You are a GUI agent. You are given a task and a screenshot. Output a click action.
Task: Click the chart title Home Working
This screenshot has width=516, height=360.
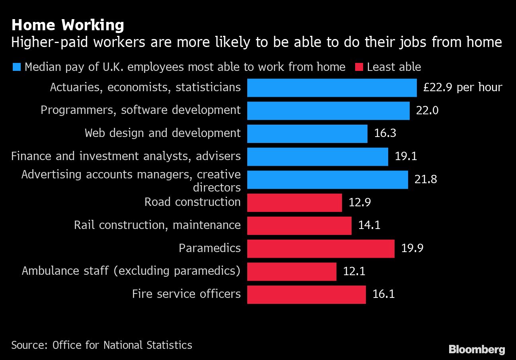[68, 25]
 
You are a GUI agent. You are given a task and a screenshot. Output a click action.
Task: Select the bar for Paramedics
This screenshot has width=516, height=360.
[321, 248]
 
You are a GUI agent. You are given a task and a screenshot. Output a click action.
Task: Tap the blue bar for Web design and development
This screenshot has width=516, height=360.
[307, 133]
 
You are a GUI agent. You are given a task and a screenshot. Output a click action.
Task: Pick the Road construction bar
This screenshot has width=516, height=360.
[294, 203]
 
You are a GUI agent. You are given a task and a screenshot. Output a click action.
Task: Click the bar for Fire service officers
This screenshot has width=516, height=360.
[306, 294]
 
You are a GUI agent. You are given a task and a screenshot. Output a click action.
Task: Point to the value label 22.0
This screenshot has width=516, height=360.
[427, 110]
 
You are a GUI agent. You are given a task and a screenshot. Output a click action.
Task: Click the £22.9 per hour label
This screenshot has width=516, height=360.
[463, 87]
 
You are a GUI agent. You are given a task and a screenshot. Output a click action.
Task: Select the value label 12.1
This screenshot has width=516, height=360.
[354, 272]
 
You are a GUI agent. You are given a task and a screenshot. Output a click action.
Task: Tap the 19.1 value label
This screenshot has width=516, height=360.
[406, 156]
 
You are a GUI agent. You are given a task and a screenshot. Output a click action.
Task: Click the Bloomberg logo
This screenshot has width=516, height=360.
[477, 350]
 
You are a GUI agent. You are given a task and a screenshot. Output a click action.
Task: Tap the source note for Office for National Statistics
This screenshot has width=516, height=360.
[102, 345]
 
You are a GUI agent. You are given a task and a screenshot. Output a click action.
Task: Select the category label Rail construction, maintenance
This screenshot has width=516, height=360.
[157, 225]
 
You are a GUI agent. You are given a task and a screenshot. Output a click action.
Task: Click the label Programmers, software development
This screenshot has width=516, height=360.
[141, 110]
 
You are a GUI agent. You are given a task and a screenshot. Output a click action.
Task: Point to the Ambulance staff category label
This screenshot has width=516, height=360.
[131, 271]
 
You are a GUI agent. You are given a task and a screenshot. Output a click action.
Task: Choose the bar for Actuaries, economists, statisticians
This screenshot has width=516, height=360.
[332, 88]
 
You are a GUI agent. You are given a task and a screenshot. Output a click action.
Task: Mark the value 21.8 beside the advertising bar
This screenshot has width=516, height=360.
[426, 179]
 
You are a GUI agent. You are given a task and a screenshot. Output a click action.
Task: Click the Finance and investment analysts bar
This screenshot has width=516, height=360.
[317, 157]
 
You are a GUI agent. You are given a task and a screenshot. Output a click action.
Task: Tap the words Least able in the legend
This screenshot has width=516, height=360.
[394, 67]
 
